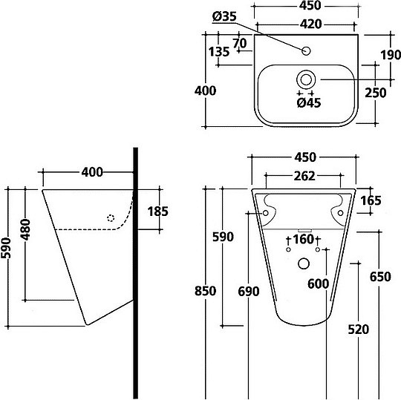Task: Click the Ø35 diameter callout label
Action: (224, 16)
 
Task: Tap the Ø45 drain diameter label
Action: (309, 102)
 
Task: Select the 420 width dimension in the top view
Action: (310, 24)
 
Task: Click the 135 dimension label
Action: (219, 52)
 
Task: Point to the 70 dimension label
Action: (240, 43)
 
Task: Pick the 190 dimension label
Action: (391, 55)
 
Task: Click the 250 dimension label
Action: (376, 93)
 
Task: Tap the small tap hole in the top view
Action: (306, 51)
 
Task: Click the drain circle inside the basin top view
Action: (306, 79)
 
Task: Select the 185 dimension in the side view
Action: (157, 212)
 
